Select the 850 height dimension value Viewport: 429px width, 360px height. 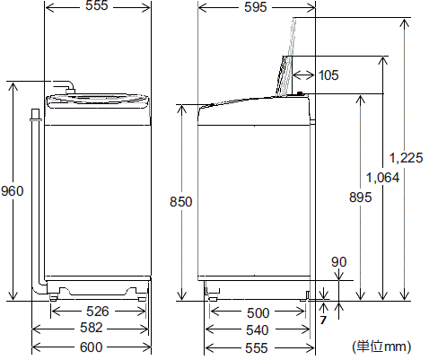click(x=180, y=203)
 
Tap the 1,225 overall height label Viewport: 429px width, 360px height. click(x=407, y=158)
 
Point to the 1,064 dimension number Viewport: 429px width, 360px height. click(x=383, y=177)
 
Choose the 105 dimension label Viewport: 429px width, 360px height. click(x=328, y=75)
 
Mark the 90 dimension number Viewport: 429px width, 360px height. click(x=338, y=261)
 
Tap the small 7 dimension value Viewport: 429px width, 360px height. click(x=323, y=320)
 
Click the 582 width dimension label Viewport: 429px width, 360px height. click(x=91, y=329)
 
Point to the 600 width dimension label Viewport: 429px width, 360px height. click(x=91, y=347)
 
